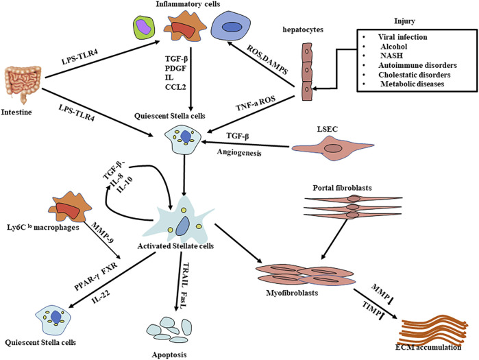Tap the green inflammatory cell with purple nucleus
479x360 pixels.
[144, 28]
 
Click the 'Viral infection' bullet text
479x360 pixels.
[403, 37]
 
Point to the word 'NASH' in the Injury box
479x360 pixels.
[391, 56]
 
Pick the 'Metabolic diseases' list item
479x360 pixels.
[412, 84]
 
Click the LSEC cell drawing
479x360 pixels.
[333, 148]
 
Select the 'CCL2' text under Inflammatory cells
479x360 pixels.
[175, 87]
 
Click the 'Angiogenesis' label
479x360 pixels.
[239, 152]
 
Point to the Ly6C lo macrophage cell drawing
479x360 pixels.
[70, 208]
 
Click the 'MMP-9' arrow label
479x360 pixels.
[102, 233]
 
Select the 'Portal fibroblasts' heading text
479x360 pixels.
[342, 188]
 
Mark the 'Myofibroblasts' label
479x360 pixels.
[292, 293]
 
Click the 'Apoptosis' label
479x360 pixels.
[169, 355]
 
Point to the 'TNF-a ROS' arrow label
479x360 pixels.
[256, 104]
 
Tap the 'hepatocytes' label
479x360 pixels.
[303, 30]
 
